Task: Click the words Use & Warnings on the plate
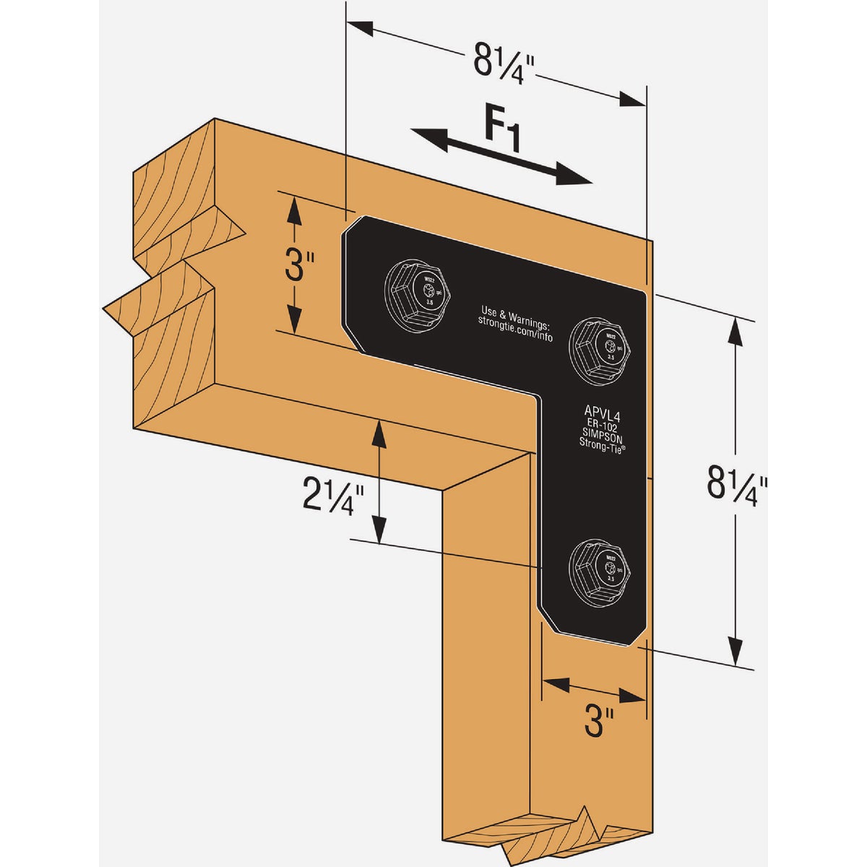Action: tap(516, 316)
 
